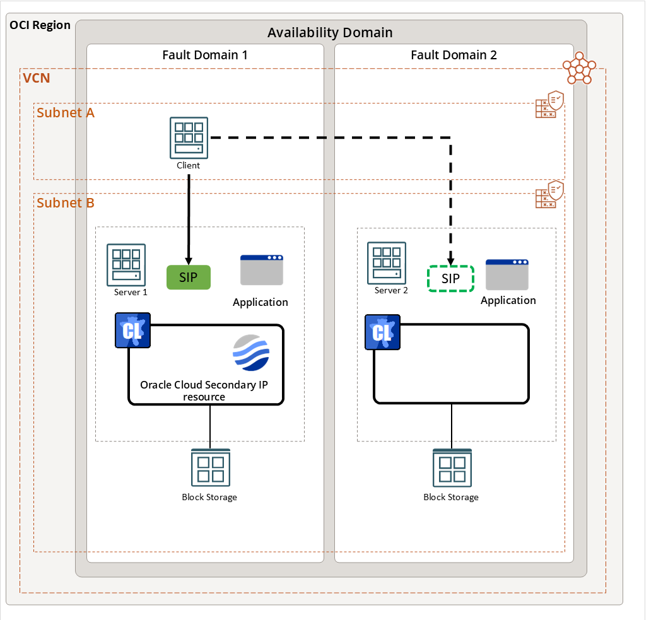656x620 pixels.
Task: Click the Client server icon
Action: click(189, 137)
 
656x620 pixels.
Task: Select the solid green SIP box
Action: click(188, 278)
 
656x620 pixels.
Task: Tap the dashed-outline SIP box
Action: click(450, 279)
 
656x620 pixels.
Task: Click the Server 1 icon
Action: click(126, 264)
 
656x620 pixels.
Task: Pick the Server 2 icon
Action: click(387, 263)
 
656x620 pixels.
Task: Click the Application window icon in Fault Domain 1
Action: click(261, 270)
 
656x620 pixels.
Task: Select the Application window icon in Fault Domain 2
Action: click(507, 274)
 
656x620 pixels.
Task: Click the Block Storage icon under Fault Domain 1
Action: click(210, 468)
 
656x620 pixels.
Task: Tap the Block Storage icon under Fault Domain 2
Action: click(452, 468)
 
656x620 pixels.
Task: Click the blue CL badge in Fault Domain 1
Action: click(132, 330)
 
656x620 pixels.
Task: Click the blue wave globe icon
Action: click(251, 353)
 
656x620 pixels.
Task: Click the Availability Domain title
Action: click(330, 32)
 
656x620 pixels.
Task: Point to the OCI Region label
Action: click(40, 25)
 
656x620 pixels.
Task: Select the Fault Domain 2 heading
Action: click(454, 55)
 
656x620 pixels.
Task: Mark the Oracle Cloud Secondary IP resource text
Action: click(204, 390)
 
